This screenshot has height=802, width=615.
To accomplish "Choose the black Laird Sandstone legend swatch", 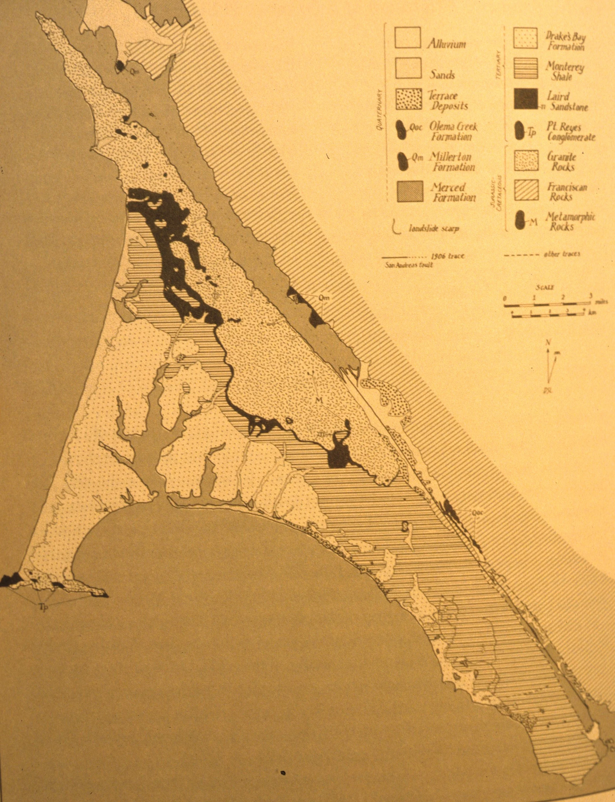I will pos(526,99).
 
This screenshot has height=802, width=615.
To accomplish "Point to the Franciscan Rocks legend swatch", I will pos(526,190).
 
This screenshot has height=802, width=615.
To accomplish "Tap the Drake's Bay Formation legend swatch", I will pos(526,38).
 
